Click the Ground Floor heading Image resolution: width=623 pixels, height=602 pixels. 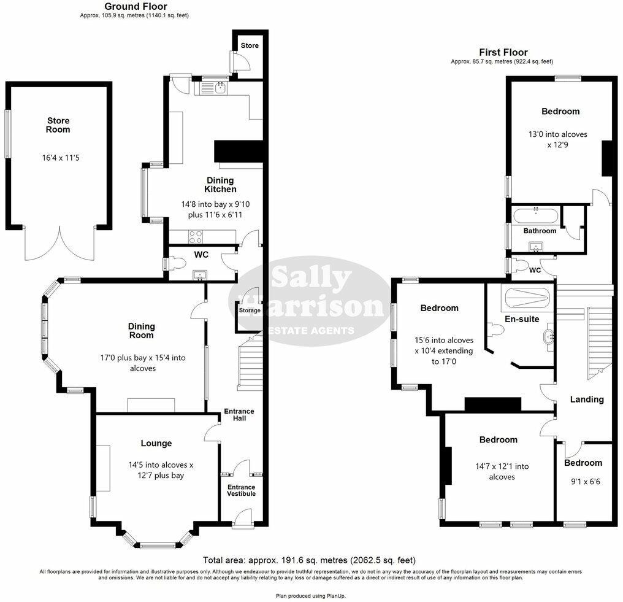(134, 6)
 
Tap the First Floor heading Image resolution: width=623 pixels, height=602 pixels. (503, 53)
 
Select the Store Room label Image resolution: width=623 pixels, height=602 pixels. (58, 125)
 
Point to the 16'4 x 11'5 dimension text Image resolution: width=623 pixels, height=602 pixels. (58, 158)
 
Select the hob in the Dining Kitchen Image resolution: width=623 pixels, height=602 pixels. (195, 236)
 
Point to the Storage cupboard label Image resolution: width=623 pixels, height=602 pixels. (250, 311)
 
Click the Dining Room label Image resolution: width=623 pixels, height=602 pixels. (141, 331)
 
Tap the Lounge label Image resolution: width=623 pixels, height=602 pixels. (156, 443)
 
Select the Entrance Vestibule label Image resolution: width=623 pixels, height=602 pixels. (242, 490)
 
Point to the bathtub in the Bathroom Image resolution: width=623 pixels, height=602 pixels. (535, 215)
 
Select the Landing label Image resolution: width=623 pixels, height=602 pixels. (587, 399)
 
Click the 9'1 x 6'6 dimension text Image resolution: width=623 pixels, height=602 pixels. (583, 482)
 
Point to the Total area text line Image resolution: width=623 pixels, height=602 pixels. (309, 560)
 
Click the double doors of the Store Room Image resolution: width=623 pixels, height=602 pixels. (59, 244)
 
